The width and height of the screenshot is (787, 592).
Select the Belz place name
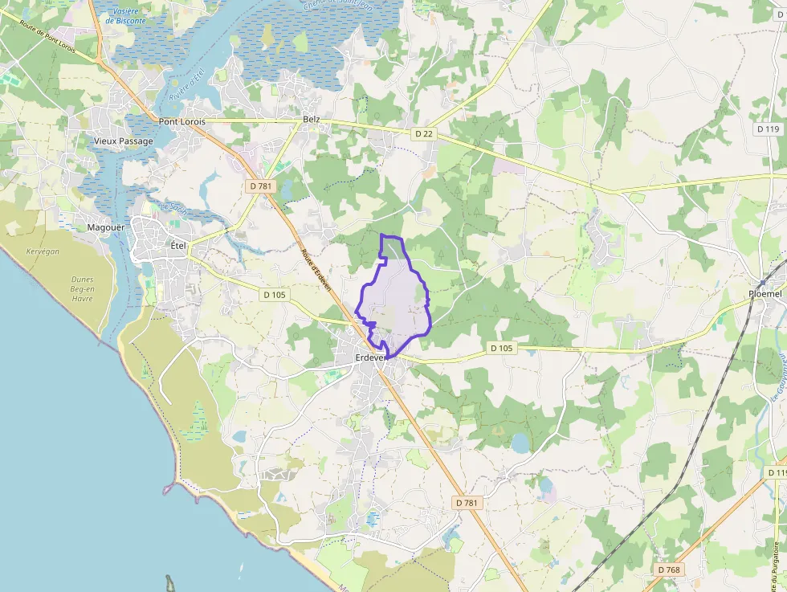[x=312, y=120]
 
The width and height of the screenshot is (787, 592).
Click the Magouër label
[x=106, y=227]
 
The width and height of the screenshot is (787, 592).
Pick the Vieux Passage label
[x=123, y=141]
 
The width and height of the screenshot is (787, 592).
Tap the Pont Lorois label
[x=181, y=122]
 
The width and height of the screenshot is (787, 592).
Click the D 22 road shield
[x=425, y=134]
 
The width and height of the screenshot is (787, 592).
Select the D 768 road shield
[x=668, y=570]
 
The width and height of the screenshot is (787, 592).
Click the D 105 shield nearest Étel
[x=274, y=295]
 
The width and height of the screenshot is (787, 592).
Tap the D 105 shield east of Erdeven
[x=501, y=348]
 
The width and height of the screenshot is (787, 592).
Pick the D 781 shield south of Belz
[x=259, y=186]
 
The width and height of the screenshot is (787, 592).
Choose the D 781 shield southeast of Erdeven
[x=467, y=503]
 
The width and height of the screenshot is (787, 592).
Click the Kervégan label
[x=43, y=251]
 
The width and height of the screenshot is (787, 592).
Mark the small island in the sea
[x=170, y=582]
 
